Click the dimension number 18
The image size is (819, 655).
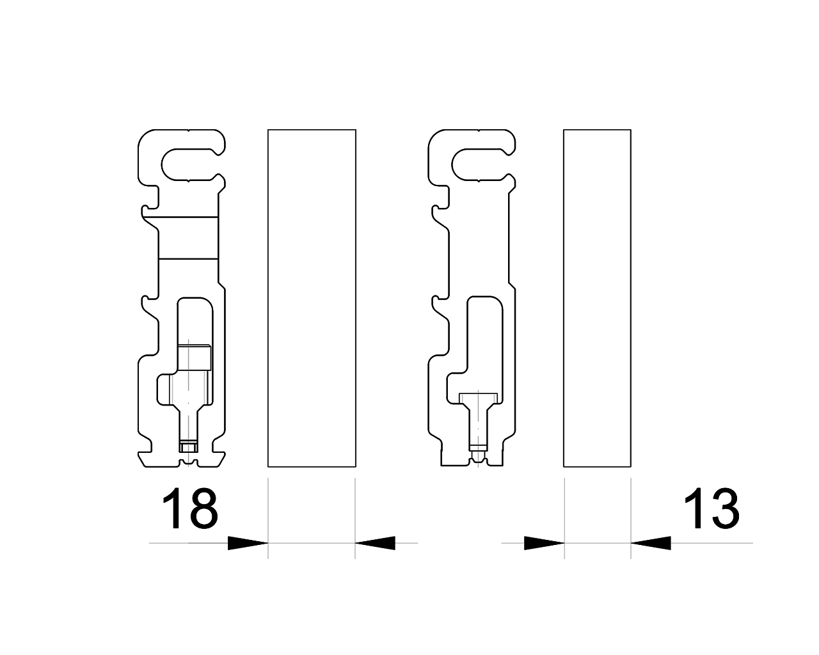click(x=190, y=509)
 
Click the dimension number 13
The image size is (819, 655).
click(x=712, y=509)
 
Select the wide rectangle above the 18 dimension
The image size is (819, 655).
click(x=312, y=298)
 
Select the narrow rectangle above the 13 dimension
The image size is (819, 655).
click(x=597, y=298)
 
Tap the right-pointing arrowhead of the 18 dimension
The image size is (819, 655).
click(x=248, y=543)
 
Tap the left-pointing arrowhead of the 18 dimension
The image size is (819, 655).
click(x=375, y=543)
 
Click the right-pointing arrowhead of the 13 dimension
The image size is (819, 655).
click(x=545, y=543)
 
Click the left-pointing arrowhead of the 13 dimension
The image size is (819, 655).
click(x=651, y=543)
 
